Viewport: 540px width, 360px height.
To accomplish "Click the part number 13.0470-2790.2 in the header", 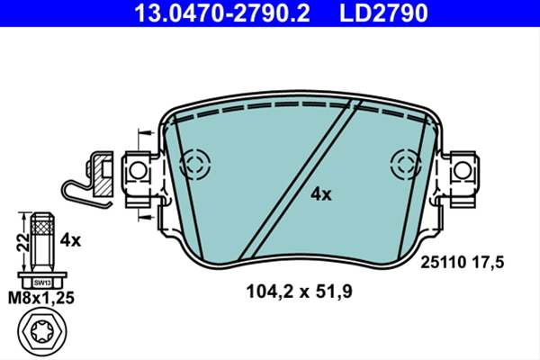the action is tap(221, 13).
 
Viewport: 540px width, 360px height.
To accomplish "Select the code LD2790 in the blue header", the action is tap(383, 13).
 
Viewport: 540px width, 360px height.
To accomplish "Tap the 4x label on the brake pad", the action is tap(321, 194).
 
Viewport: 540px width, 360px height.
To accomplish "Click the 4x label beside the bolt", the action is tap(70, 240).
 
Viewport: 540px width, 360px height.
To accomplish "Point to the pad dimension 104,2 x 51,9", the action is tap(300, 292).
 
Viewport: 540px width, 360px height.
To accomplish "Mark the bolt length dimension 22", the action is tap(22, 242).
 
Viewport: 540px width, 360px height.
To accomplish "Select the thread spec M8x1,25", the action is tap(41, 298).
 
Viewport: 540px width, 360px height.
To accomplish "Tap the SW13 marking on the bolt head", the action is tap(42, 283).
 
